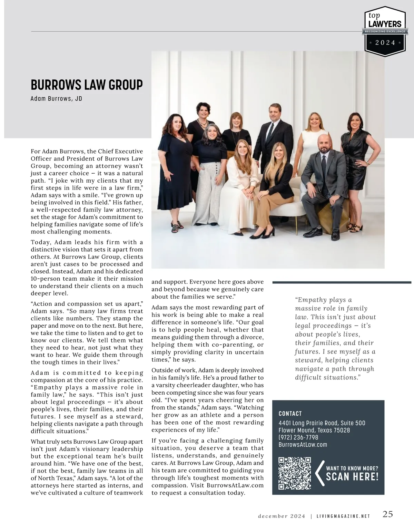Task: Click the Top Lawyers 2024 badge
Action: tap(385, 31)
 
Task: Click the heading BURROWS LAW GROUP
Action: tap(87, 85)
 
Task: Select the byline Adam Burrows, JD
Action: tap(56, 99)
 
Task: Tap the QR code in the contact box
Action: tap(295, 473)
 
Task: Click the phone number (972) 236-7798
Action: tap(298, 437)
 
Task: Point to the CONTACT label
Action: tap(290, 414)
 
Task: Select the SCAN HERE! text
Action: tap(352, 477)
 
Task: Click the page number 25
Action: tap(387, 514)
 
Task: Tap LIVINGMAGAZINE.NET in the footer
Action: tap(343, 516)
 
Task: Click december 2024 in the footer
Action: tap(282, 516)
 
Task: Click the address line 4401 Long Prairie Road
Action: tap(322, 423)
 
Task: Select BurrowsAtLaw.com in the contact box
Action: tap(303, 445)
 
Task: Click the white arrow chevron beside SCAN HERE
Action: tap(319, 473)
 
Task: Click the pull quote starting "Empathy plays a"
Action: tap(335, 338)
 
